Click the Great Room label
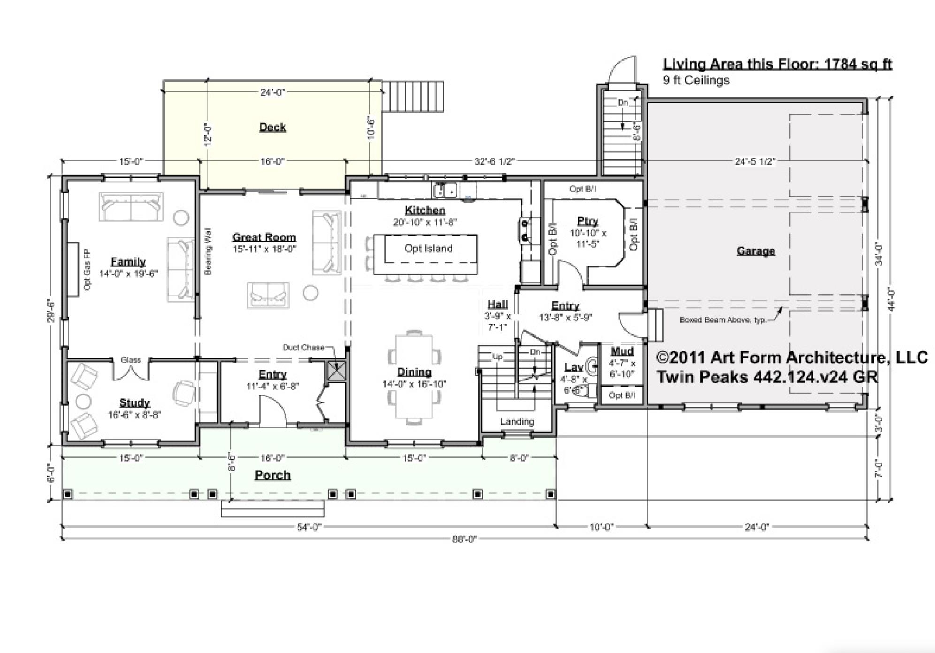tap(264, 237)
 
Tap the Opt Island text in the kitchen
tap(428, 249)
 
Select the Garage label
tap(755, 251)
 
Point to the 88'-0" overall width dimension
tap(464, 539)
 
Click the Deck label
tap(272, 127)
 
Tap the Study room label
tap(134, 402)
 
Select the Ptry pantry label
tap(588, 221)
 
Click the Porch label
tap(272, 475)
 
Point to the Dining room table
tap(414, 375)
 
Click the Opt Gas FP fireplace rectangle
tap(72, 269)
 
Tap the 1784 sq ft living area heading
tap(777, 64)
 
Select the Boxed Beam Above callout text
tap(722, 320)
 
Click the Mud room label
tap(622, 351)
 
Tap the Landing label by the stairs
tap(517, 421)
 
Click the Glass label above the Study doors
tap(130, 360)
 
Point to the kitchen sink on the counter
tap(445, 190)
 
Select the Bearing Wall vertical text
tap(208, 251)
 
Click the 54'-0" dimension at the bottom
tap(309, 527)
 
